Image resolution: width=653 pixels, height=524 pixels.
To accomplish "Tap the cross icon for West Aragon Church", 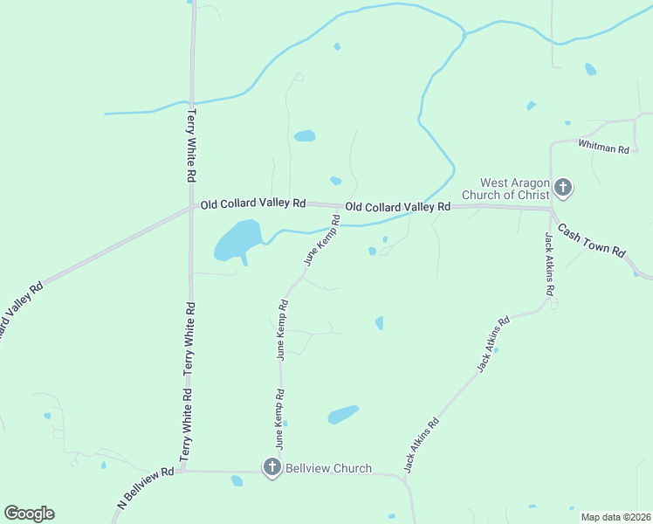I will pyautogui.click(x=563, y=186).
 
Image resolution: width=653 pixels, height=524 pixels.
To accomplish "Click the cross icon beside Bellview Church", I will pyautogui.click(x=272, y=468).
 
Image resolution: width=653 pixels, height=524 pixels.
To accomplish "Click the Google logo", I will pyautogui.click(x=29, y=514).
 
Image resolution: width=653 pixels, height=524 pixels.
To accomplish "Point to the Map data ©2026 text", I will pyautogui.click(x=615, y=517).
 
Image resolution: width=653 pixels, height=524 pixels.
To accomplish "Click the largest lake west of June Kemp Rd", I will pyautogui.click(x=237, y=240).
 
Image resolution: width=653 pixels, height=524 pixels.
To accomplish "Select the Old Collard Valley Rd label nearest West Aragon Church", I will pyautogui.click(x=397, y=207).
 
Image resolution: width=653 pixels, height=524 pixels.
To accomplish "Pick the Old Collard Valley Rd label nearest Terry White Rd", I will pyautogui.click(x=253, y=203).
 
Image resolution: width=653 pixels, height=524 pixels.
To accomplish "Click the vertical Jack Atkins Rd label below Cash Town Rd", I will pyautogui.click(x=549, y=265).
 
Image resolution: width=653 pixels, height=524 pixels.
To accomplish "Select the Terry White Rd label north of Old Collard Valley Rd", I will pyautogui.click(x=191, y=144).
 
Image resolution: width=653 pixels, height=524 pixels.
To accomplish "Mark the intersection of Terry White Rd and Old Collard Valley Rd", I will pyautogui.click(x=192, y=208).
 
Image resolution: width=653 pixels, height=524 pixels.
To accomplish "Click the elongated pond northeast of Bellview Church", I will pyautogui.click(x=343, y=414).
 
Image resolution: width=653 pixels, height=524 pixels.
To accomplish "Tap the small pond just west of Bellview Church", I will pyautogui.click(x=237, y=480).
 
